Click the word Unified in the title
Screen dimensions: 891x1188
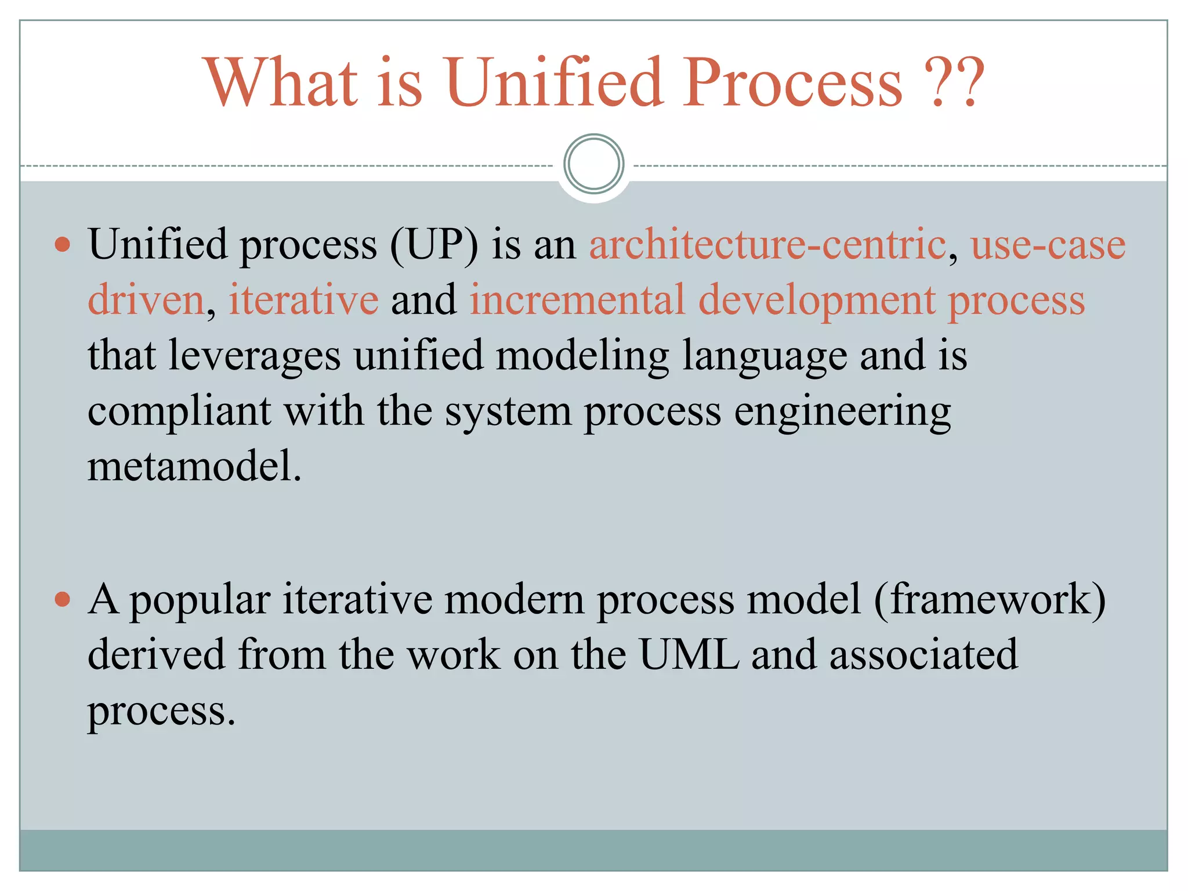pos(554,82)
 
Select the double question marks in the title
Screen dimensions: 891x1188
pos(954,82)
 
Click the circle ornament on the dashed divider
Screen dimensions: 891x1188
pos(593,164)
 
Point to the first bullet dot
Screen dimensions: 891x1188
pos(63,244)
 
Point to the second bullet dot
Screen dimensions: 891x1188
pos(63,599)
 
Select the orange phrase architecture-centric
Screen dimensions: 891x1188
pos(767,244)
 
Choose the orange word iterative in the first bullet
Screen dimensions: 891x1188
pos(303,300)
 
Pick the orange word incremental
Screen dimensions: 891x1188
pos(577,300)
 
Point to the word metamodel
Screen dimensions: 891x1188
pos(194,466)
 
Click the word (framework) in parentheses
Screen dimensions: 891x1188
pos(990,599)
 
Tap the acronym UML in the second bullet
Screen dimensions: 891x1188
pos(689,655)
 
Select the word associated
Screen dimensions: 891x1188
pos(923,655)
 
